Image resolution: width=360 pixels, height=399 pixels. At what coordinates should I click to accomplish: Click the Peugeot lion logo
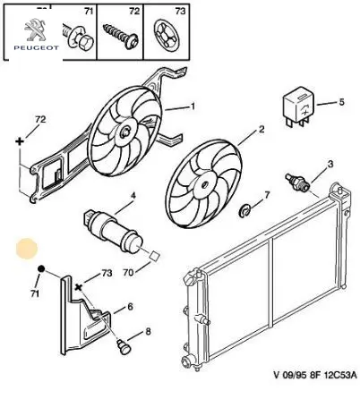(36, 30)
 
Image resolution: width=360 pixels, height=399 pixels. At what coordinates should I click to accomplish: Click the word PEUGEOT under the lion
(36, 47)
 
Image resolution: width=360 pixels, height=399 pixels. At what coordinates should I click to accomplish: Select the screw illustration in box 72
(121, 36)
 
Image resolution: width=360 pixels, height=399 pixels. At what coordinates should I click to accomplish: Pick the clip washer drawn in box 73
(167, 34)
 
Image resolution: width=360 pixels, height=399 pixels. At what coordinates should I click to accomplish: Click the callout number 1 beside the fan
(193, 106)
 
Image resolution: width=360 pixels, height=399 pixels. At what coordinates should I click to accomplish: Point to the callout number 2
(261, 130)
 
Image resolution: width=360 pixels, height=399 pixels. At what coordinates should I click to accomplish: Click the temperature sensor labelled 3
(297, 181)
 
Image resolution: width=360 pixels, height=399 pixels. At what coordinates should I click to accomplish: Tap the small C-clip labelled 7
(244, 211)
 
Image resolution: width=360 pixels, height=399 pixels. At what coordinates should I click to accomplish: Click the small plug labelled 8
(122, 346)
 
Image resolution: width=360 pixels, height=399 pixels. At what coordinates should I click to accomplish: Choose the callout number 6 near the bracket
(130, 307)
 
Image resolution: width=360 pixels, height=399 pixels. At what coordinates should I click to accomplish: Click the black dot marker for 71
(41, 269)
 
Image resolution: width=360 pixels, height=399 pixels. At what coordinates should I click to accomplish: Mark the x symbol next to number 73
(79, 287)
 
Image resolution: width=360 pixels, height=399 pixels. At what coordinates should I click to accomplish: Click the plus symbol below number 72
(20, 141)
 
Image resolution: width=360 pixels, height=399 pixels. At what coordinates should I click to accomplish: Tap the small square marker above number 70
(155, 256)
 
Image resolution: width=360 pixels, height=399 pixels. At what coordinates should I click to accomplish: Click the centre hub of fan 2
(204, 185)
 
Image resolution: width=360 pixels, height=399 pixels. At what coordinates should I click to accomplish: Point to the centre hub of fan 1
(125, 132)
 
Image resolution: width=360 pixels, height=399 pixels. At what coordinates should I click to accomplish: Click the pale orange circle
(27, 249)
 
